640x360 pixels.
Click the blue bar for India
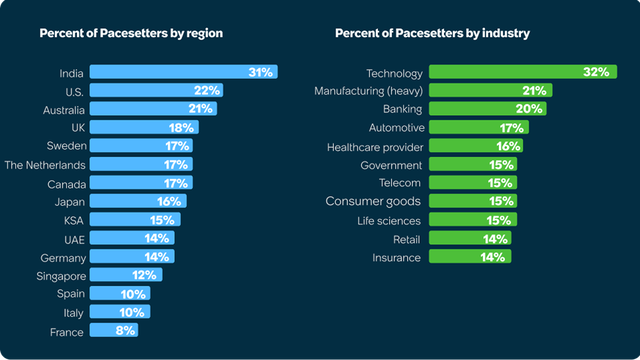[x=183, y=72]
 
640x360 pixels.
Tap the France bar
[x=113, y=330]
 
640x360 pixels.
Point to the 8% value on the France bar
[x=124, y=330]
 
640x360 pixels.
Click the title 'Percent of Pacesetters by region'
[x=130, y=33]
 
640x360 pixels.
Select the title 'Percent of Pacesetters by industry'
[x=432, y=33]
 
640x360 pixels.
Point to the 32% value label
[x=598, y=72]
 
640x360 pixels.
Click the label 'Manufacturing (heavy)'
[x=369, y=91]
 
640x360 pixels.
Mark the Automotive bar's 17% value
[x=513, y=128]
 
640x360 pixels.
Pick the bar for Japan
[x=137, y=201]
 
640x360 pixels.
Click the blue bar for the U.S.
[x=155, y=91]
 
